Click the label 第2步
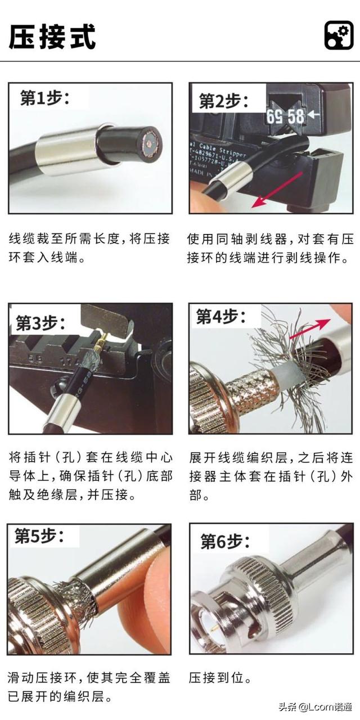pos(223,101)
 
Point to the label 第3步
pos(40,322)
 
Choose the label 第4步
pos(221,317)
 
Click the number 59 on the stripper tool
pos(274,117)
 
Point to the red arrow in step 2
pos(277,190)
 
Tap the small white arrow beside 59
pos(313,114)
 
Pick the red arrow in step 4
pos(310,329)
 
